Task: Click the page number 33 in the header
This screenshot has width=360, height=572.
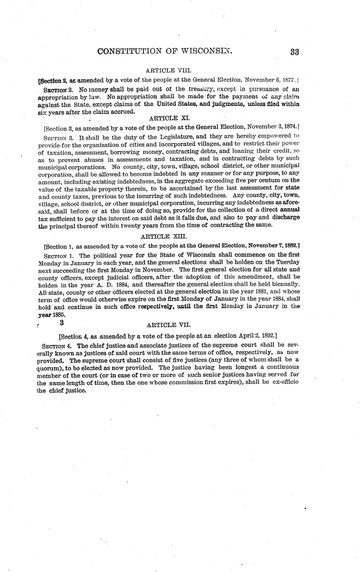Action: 295,52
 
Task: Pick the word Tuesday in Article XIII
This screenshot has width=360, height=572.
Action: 287,262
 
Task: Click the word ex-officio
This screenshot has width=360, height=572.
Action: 284,383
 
